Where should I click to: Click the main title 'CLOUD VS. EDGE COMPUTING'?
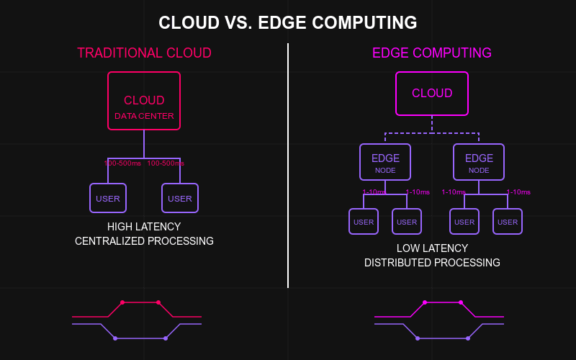pyautogui.click(x=288, y=23)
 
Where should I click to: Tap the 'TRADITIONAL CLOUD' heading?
pyautogui.click(x=144, y=53)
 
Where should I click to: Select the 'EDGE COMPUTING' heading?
pyautogui.click(x=432, y=53)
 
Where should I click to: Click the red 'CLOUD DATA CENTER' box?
pyautogui.click(x=144, y=101)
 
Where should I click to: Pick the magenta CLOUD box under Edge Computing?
pyautogui.click(x=432, y=94)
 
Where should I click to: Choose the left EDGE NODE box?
pyautogui.click(x=385, y=162)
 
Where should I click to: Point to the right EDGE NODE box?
pyautogui.click(x=479, y=162)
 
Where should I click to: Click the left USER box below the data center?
pyautogui.click(x=108, y=198)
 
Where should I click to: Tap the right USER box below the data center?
pyautogui.click(x=180, y=198)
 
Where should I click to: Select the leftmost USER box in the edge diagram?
pyautogui.click(x=364, y=222)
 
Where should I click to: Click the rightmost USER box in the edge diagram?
pyautogui.click(x=508, y=222)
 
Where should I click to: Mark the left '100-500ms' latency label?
pyautogui.click(x=122, y=163)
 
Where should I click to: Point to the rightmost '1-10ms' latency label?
pyautogui.click(x=518, y=192)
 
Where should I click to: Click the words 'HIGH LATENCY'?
pyautogui.click(x=144, y=227)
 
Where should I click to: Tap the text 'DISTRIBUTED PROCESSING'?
pyautogui.click(x=432, y=263)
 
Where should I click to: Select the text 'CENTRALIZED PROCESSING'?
pyautogui.click(x=144, y=241)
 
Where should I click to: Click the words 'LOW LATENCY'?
pyautogui.click(x=432, y=248)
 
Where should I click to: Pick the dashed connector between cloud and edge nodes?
pyautogui.click(x=432, y=133)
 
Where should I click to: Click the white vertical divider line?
pyautogui.click(x=288, y=166)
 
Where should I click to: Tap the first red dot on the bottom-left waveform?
pyautogui.click(x=122, y=302)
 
